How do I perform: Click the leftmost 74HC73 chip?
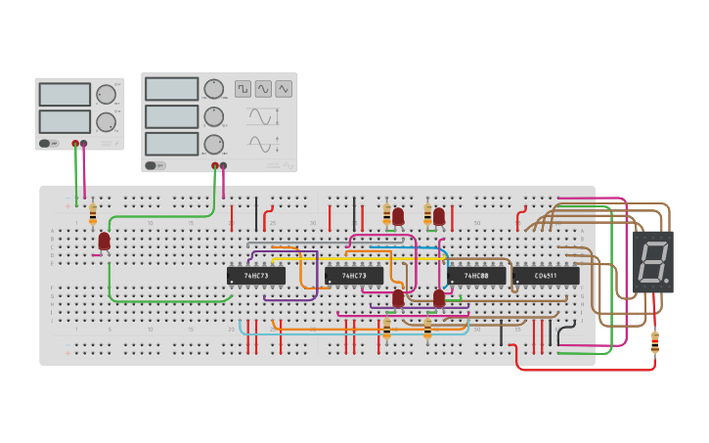255,276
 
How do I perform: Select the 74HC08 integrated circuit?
476,276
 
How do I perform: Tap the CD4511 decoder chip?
546,276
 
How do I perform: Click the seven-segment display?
653,262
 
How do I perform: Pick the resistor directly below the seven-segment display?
654,342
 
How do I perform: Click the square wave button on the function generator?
243,89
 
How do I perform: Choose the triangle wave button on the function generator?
284,89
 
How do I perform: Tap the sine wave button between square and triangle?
263,89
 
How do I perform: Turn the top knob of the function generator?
213,89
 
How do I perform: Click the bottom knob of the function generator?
213,144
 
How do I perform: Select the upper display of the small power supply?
65,94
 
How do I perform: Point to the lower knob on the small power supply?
105,122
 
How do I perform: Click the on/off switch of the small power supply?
45,144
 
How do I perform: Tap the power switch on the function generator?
152,165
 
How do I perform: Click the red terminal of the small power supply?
75,144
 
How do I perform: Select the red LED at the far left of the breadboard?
104,240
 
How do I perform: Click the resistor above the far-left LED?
93,213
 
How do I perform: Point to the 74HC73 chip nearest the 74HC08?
353,276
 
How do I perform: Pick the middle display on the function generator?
171,116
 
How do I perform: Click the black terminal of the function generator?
223,165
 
